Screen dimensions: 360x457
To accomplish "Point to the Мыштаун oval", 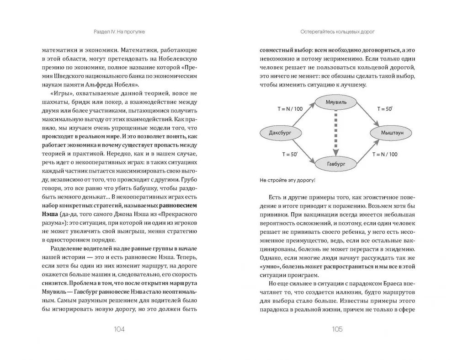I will (x=387, y=133).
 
